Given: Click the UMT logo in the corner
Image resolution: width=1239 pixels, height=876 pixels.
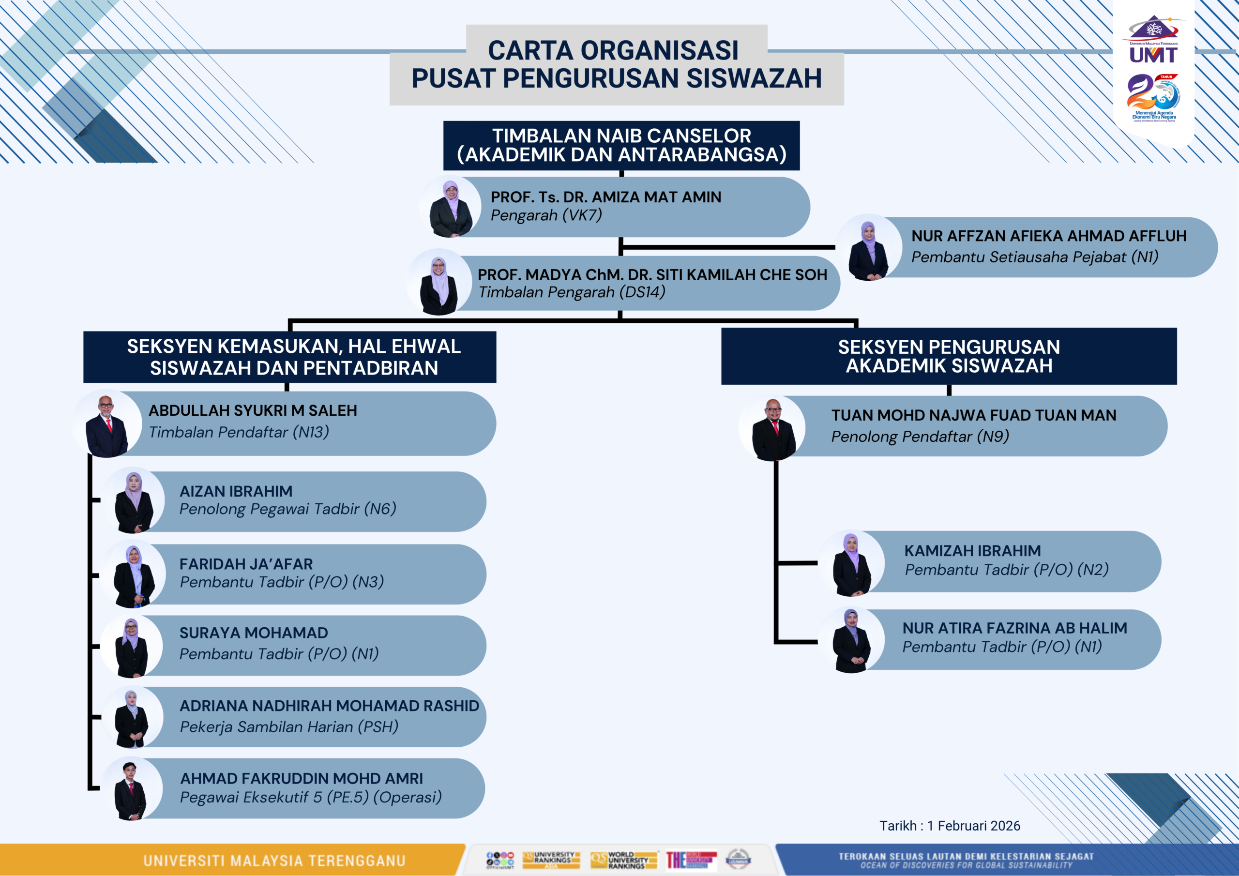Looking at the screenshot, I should [x=1153, y=41].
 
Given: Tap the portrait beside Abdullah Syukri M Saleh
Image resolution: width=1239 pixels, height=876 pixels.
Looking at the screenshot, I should [x=107, y=425].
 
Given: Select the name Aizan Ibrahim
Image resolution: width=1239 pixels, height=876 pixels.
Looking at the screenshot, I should [x=236, y=491].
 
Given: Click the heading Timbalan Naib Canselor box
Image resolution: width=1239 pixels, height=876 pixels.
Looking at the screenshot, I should [x=621, y=145].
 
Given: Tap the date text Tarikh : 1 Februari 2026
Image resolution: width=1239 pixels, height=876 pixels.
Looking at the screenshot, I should [x=950, y=826].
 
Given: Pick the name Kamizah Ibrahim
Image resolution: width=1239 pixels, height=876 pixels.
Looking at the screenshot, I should [x=972, y=551].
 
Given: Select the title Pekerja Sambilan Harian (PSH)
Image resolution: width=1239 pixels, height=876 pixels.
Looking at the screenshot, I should [x=289, y=727].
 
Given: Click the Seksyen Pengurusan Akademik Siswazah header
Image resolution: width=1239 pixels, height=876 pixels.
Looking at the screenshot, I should [x=949, y=356].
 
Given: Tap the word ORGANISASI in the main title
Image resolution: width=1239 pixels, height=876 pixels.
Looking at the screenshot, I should [x=660, y=51].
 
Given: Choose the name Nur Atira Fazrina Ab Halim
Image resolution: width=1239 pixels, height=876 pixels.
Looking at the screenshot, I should [x=1014, y=628].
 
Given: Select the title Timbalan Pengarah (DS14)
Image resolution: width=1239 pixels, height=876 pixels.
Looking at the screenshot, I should [x=572, y=292].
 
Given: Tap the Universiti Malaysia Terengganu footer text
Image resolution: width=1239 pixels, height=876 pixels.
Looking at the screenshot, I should [x=274, y=861].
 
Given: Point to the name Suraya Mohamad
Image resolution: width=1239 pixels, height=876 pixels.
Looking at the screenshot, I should [x=254, y=633].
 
